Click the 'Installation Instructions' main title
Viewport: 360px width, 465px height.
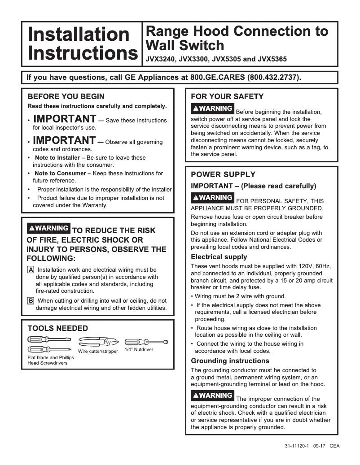pos(82,44)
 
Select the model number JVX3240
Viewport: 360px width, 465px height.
pos(160,59)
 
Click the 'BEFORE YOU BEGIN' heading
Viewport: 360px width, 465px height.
pos(66,96)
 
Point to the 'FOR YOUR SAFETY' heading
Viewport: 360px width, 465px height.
pos(227,96)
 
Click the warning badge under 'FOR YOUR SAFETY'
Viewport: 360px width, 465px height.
pos(212,109)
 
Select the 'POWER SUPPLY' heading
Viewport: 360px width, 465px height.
pos(223,174)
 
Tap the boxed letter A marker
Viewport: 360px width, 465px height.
pos(31,270)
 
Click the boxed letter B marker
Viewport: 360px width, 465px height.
pos(31,301)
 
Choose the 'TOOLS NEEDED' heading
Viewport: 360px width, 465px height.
pos(58,328)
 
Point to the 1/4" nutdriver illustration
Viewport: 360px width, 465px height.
pos(146,342)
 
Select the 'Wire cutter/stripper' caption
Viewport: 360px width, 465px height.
pos(98,351)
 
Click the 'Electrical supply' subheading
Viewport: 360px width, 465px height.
pos(219,257)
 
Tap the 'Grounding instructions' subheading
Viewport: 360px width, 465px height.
pos(230,361)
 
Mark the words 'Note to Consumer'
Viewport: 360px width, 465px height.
pos(60,174)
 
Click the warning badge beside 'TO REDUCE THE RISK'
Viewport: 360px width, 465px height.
pos(48,228)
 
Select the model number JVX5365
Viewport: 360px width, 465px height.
pos(271,59)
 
